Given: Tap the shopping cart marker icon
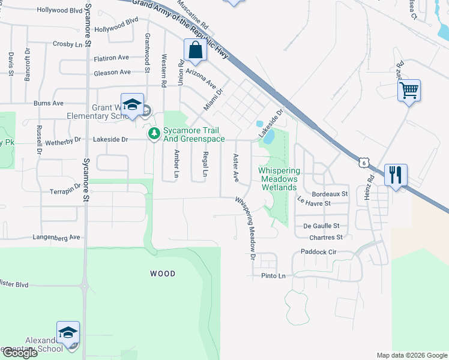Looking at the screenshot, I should [409, 91].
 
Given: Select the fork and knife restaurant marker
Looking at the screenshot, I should [396, 175].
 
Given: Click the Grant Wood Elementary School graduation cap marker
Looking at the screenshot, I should [132, 105].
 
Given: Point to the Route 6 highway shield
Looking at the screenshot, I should [364, 162].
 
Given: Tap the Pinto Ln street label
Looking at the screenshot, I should [273, 276].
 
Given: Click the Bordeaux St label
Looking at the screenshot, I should [330, 194].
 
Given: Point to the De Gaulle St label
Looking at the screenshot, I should [322, 226].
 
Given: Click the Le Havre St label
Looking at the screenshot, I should [314, 204].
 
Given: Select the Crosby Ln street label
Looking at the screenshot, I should [67, 44].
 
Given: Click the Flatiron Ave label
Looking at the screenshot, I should [112, 58].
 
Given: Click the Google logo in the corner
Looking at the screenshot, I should [19, 353].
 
